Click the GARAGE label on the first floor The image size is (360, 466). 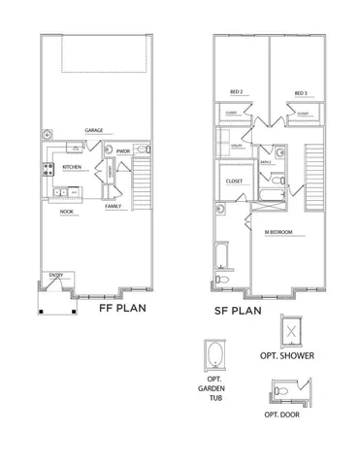click(94, 129)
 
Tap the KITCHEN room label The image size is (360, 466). click(72, 167)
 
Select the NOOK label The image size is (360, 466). click(67, 211)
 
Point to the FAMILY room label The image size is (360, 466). click(115, 207)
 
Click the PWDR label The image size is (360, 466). click(123, 151)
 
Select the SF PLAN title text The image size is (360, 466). click(240, 311)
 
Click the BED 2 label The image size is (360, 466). click(237, 94)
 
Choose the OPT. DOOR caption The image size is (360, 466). click(283, 415)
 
